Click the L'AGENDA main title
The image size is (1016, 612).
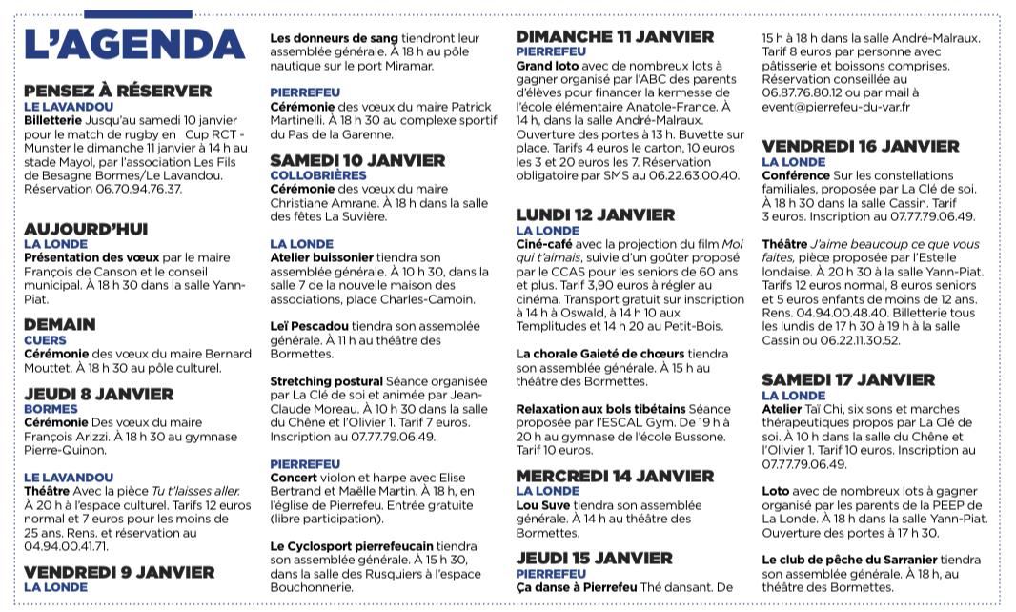(133, 46)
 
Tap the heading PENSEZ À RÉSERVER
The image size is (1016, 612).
(117, 92)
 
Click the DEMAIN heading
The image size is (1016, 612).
(60, 325)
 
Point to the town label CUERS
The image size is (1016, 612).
(45, 339)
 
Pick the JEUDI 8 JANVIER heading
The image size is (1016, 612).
(99, 394)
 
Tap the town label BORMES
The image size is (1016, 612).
(51, 409)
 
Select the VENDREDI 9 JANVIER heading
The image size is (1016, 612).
(119, 573)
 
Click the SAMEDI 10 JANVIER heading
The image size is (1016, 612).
(357, 160)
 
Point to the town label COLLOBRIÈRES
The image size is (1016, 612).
(318, 175)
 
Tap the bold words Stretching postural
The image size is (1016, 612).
(326, 381)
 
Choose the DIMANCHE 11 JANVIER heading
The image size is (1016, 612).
(615, 37)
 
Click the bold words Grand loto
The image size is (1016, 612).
(548, 67)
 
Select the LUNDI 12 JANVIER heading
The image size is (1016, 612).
(596, 215)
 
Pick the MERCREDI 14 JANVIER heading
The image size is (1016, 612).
(615, 476)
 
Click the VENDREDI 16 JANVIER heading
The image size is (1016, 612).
(861, 147)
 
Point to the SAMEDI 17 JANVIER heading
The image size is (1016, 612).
(848, 380)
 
